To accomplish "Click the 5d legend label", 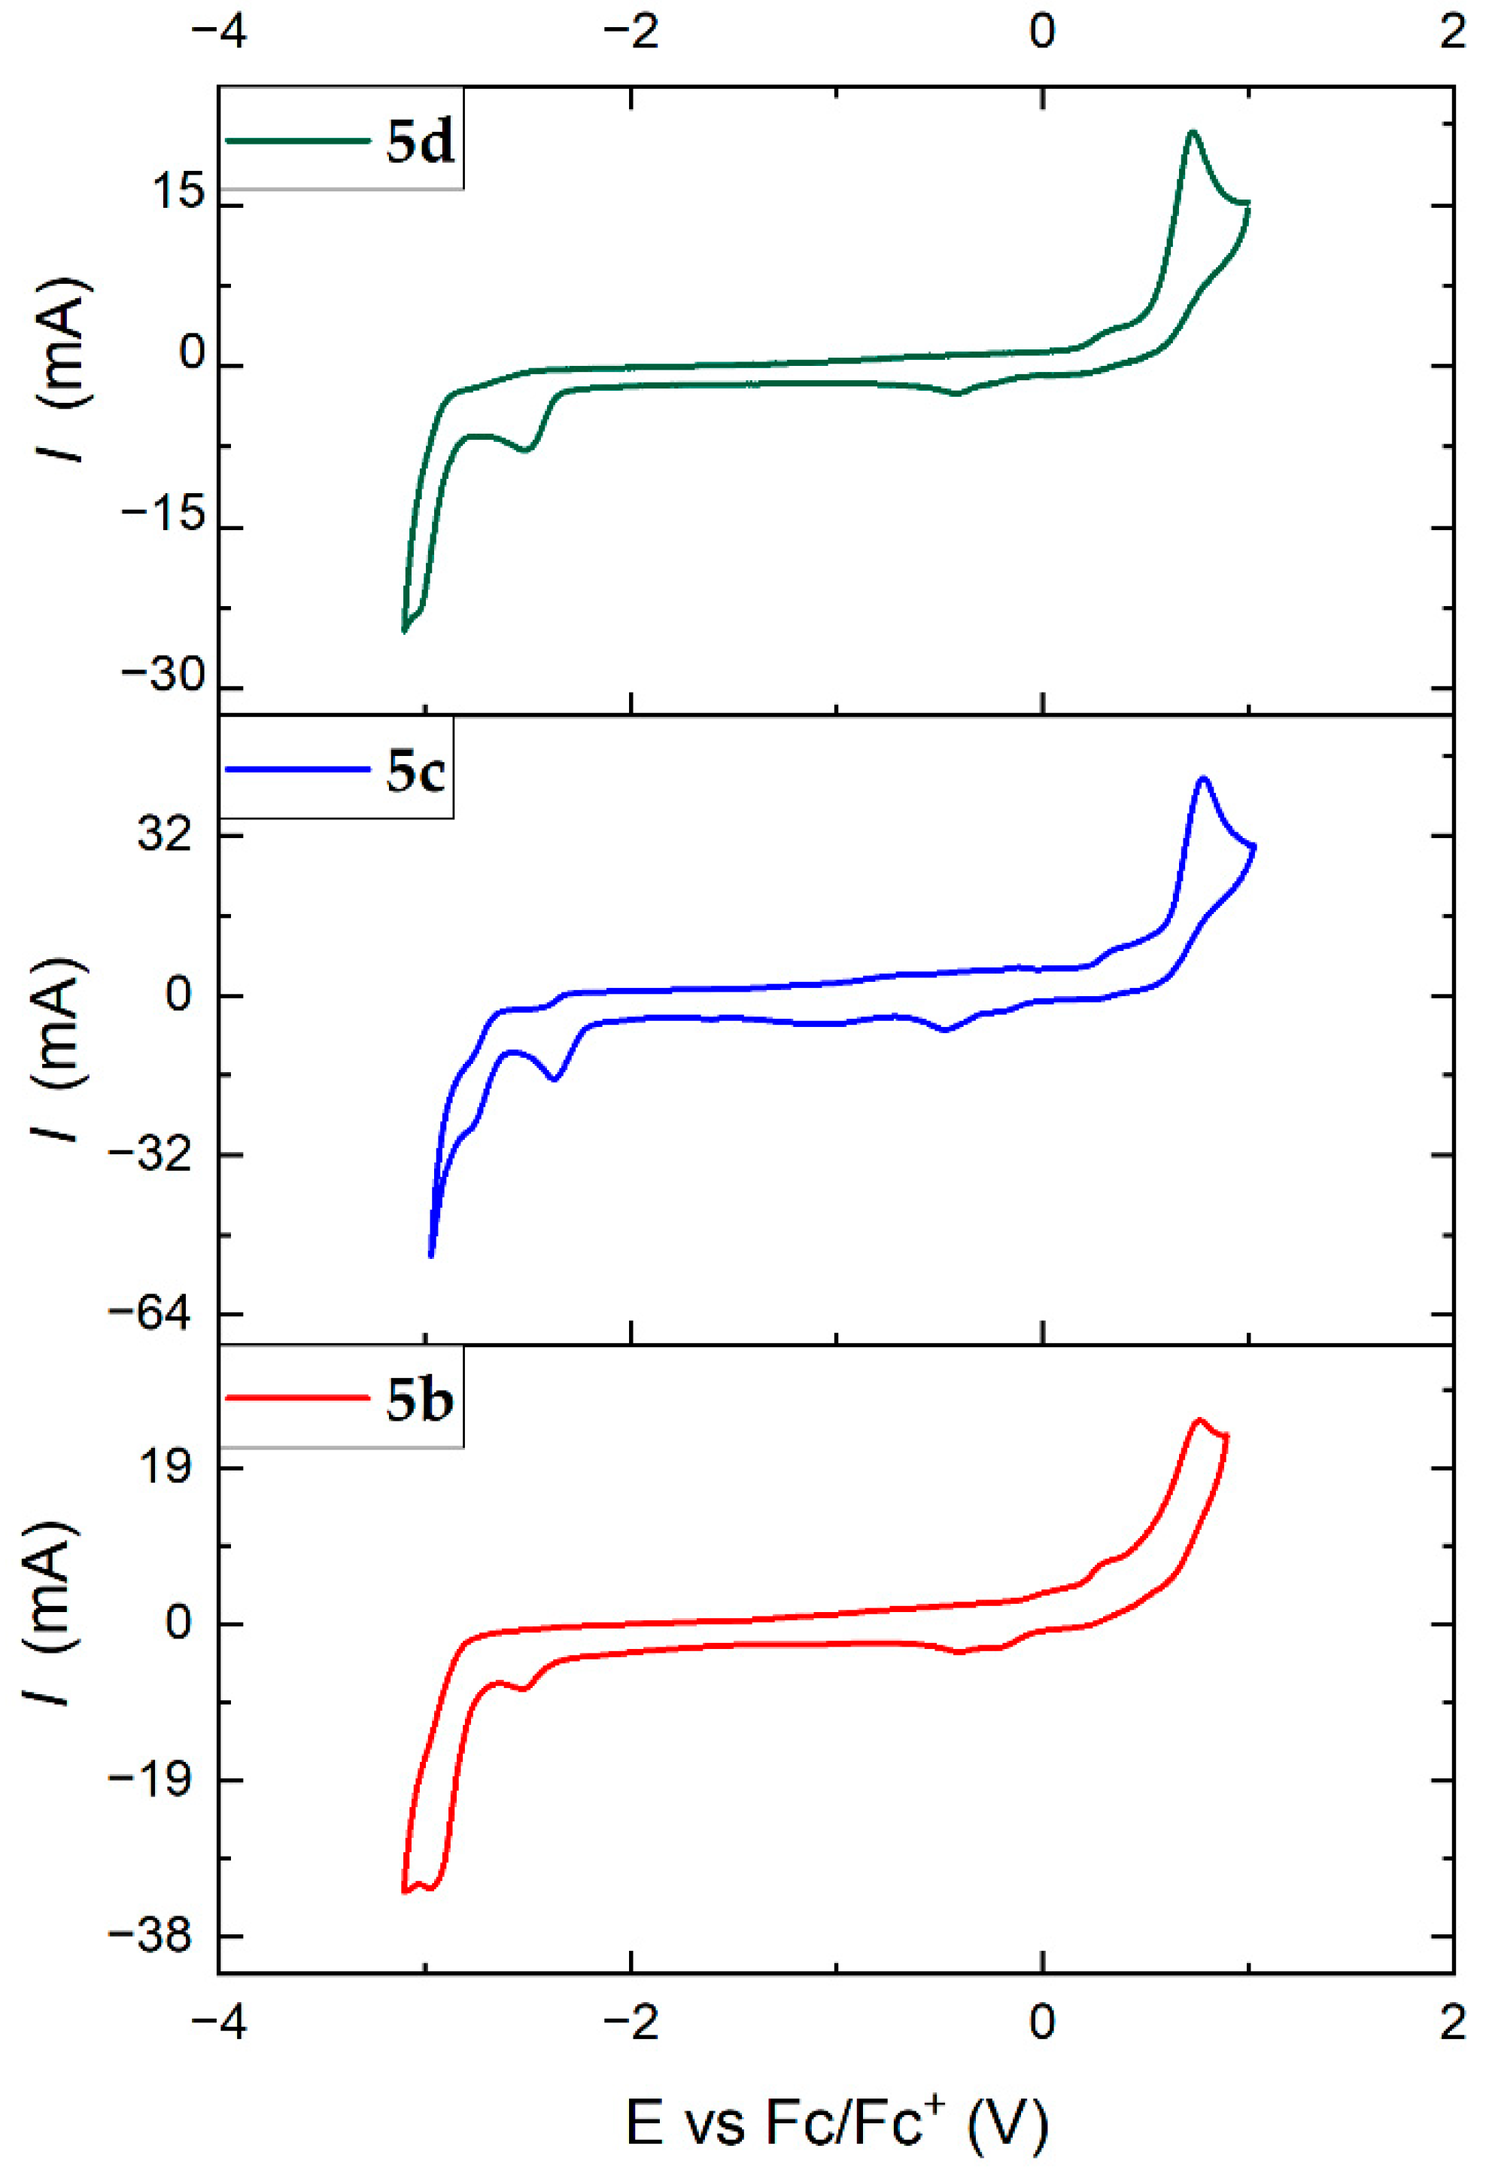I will pyautogui.click(x=420, y=143).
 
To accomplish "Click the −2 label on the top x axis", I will pyautogui.click(x=632, y=32).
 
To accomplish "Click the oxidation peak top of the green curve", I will pyautogui.click(x=1192, y=132).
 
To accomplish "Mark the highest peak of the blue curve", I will pyautogui.click(x=1204, y=778).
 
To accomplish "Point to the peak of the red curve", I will pyautogui.click(x=1199, y=1419).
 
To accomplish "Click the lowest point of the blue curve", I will pyautogui.click(x=431, y=1256).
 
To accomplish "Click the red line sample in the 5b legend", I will pyautogui.click(x=297, y=1399).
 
